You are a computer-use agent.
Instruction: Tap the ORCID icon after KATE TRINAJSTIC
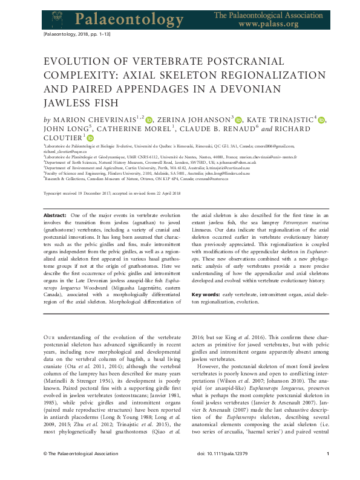[x=322, y=120]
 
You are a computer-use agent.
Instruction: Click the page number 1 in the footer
[x=327, y=470]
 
